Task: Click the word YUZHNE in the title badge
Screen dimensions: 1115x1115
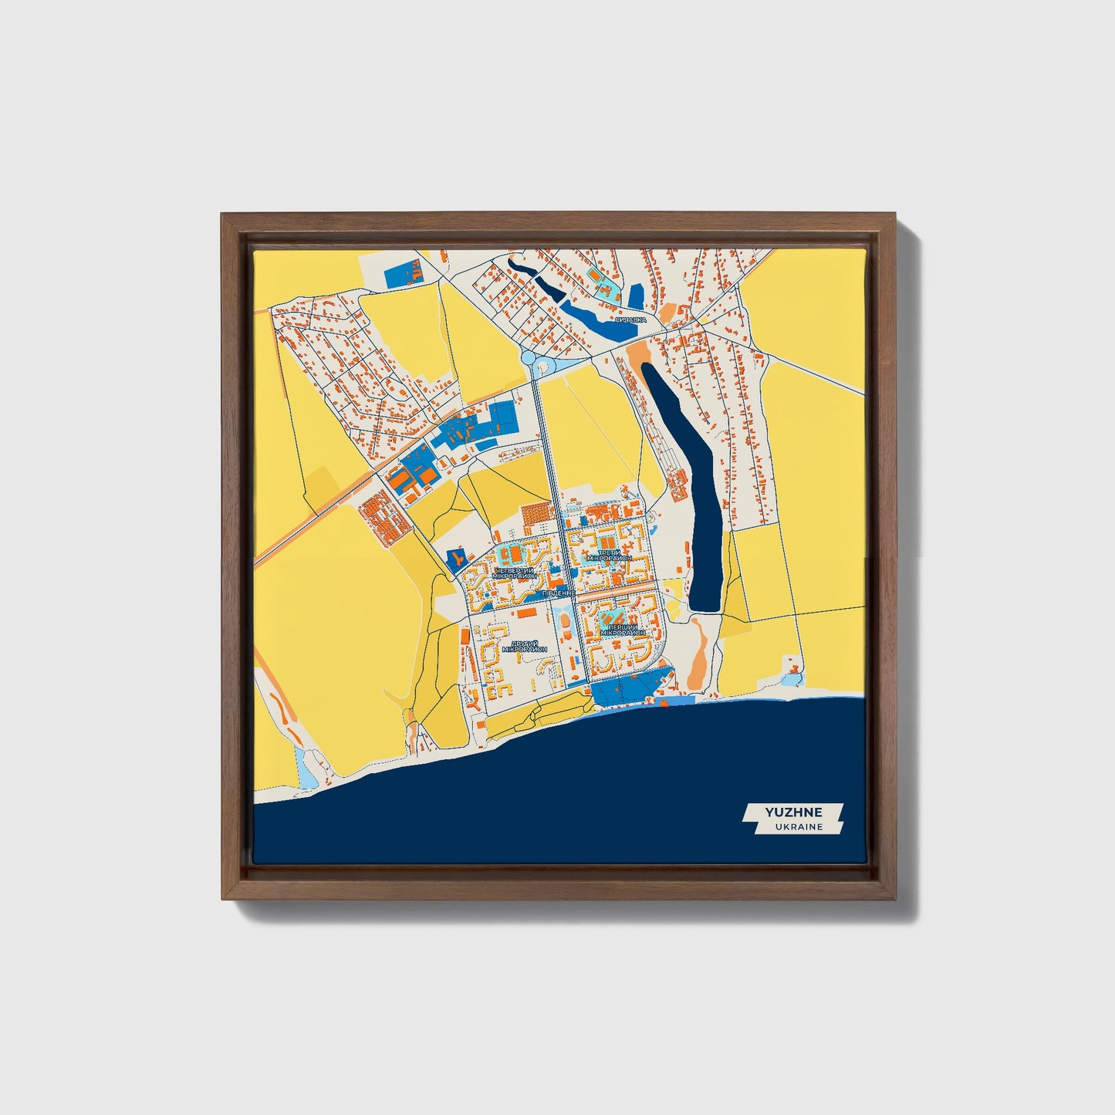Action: tap(793, 812)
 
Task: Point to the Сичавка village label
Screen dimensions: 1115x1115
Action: tap(630, 319)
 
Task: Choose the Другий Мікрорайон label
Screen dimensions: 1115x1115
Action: tap(524, 647)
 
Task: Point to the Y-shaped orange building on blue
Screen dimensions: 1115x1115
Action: tap(457, 557)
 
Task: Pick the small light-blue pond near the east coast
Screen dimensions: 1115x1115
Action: tap(792, 678)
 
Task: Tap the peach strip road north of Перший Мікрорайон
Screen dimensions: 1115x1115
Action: tap(617, 597)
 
